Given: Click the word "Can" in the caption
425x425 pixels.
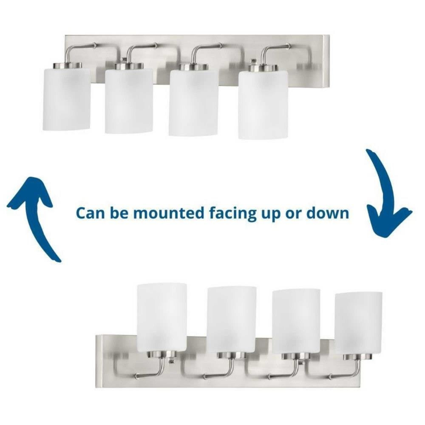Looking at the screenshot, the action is point(90,213).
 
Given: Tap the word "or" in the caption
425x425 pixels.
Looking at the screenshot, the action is point(293,214).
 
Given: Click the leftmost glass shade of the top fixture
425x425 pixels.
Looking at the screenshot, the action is point(67,99).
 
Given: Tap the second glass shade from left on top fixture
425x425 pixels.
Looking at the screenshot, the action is point(129,101).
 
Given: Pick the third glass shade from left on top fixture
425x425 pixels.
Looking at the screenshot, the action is point(193,102).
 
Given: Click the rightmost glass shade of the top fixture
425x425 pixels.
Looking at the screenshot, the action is point(263,105).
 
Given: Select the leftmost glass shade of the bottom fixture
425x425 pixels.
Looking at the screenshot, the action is point(162,317).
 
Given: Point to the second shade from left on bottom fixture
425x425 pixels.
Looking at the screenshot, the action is point(232,319).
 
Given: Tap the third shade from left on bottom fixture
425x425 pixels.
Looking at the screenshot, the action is point(296,321).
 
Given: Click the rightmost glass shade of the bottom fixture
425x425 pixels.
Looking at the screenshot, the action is point(359,323).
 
